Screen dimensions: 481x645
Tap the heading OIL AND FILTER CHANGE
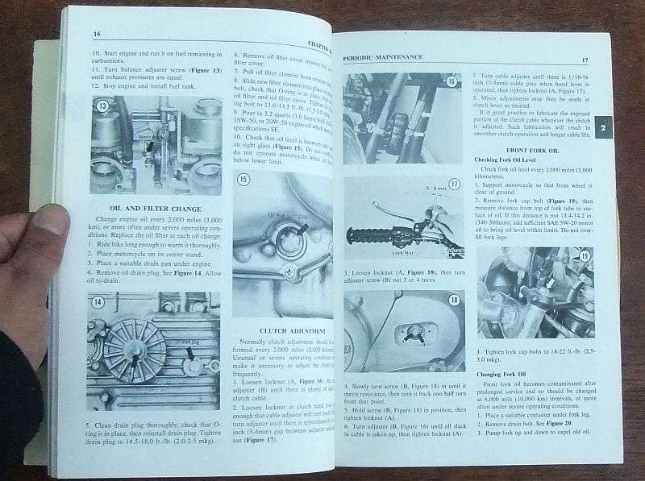point(143,208)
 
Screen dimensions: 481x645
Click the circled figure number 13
point(102,106)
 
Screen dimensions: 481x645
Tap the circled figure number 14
point(98,302)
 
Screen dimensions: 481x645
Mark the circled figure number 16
point(451,81)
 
